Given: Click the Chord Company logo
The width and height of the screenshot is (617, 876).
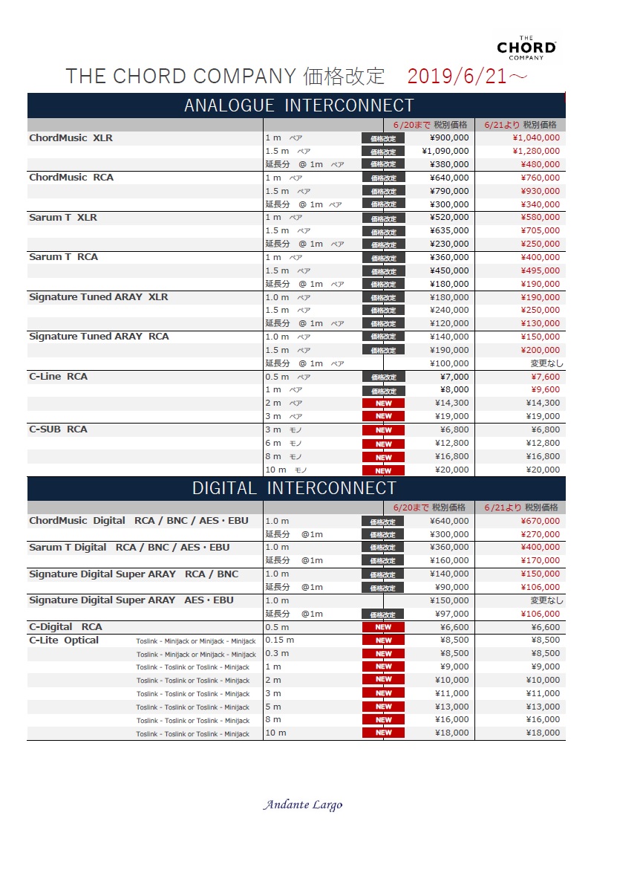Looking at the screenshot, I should pos(526,48).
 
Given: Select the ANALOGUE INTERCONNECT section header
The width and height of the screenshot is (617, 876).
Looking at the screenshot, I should pos(298,106).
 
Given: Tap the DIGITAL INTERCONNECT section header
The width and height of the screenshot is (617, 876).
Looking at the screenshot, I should pos(295,488).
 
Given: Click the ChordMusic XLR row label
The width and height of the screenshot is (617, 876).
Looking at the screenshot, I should pos(71,138).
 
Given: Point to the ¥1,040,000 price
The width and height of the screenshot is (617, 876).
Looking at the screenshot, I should pos(536,138).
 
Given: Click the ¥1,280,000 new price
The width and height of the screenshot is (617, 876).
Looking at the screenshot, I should pos(536,152).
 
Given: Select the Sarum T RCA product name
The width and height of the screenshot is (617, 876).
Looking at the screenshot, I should pos(63,257).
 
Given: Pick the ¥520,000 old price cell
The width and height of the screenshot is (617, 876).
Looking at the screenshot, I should pos(449,218).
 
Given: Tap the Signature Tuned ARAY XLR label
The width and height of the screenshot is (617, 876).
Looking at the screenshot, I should pos(98,297).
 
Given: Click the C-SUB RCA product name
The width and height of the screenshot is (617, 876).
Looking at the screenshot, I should pos(58,429).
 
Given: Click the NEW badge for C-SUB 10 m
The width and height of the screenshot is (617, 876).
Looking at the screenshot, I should pos(383,470).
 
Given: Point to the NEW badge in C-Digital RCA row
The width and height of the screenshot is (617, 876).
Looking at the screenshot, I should pos(383,627).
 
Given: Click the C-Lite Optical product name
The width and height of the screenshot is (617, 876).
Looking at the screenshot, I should pos(64,640).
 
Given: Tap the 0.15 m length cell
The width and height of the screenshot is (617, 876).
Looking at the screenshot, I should pos(280,640).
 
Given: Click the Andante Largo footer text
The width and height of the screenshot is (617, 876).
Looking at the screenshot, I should pos(303,805).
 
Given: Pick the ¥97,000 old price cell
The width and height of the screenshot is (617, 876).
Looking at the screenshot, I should pos(453,614).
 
